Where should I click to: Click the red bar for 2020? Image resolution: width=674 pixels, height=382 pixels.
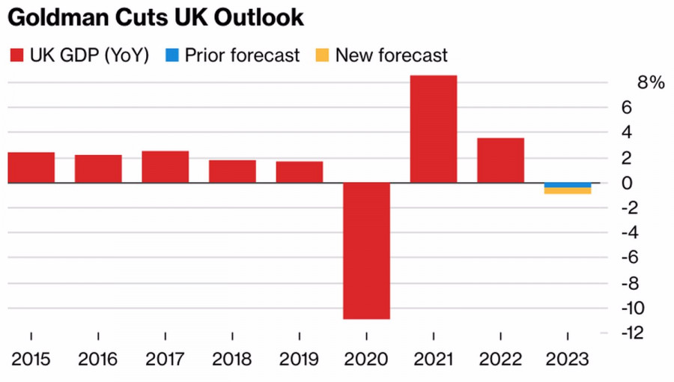[x=366, y=251]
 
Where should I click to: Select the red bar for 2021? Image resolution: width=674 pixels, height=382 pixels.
[x=434, y=129]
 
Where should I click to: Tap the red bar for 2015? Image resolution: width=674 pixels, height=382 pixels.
[x=31, y=168]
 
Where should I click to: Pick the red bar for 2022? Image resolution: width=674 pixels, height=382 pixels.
[x=501, y=160]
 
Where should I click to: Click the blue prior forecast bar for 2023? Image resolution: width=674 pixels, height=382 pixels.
[x=568, y=185]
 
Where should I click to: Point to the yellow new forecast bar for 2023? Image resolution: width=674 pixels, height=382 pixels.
[x=568, y=191]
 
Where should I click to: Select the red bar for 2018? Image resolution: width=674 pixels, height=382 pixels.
[x=232, y=172]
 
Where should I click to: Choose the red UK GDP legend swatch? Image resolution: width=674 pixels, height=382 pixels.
[x=16, y=55]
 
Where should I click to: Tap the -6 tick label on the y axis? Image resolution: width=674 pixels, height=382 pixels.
[x=631, y=258]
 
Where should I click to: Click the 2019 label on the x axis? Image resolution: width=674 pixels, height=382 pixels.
[x=300, y=359]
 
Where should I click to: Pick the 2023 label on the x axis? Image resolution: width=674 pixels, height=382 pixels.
[x=568, y=359]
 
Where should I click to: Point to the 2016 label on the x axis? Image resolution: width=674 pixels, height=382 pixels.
[x=98, y=359]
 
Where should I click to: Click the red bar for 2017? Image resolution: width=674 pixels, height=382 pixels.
[x=166, y=167]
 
